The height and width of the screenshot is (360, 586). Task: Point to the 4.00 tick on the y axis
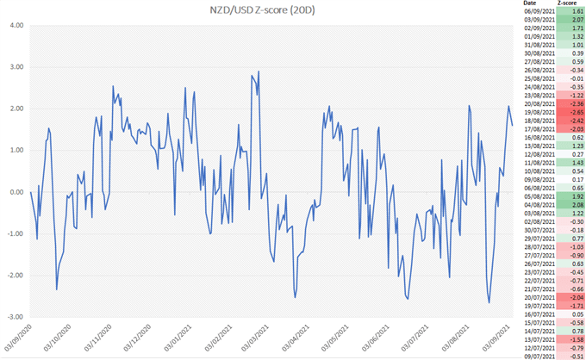pyautogui.click(x=16, y=25)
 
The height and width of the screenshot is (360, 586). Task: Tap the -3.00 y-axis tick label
pyautogui.click(x=15, y=317)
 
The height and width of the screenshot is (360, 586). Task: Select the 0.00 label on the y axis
pyautogui.click(x=16, y=192)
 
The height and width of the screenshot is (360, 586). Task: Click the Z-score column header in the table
pyautogui.click(x=567, y=4)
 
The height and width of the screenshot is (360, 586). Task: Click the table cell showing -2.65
pyautogui.click(x=567, y=112)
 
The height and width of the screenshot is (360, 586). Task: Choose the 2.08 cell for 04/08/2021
pyautogui.click(x=567, y=204)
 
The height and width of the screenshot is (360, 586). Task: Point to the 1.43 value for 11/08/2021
pyautogui.click(x=567, y=162)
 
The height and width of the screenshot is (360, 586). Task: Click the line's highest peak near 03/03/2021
pyautogui.click(x=259, y=71)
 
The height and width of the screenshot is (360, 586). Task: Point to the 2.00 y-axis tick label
pyautogui.click(x=16, y=109)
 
